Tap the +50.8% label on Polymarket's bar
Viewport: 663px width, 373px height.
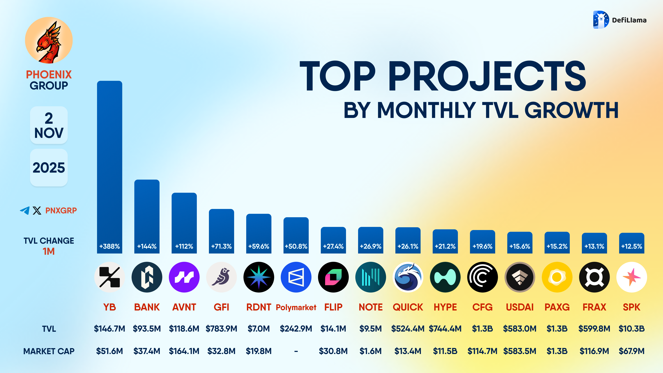point(296,246)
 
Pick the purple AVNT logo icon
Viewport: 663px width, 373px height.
point(184,277)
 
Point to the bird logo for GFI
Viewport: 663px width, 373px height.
point(221,277)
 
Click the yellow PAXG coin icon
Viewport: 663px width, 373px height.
point(557,277)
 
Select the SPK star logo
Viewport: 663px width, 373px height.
point(632,277)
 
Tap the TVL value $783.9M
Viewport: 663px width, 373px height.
point(221,329)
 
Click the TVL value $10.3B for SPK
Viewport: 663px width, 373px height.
point(632,329)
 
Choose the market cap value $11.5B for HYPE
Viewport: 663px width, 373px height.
point(445,351)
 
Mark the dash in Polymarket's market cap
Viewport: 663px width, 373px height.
point(296,351)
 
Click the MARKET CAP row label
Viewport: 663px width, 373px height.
point(49,351)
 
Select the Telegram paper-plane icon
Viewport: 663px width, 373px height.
point(25,211)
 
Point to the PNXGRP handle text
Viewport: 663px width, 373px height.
point(61,211)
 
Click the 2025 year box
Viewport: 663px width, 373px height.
point(49,168)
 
